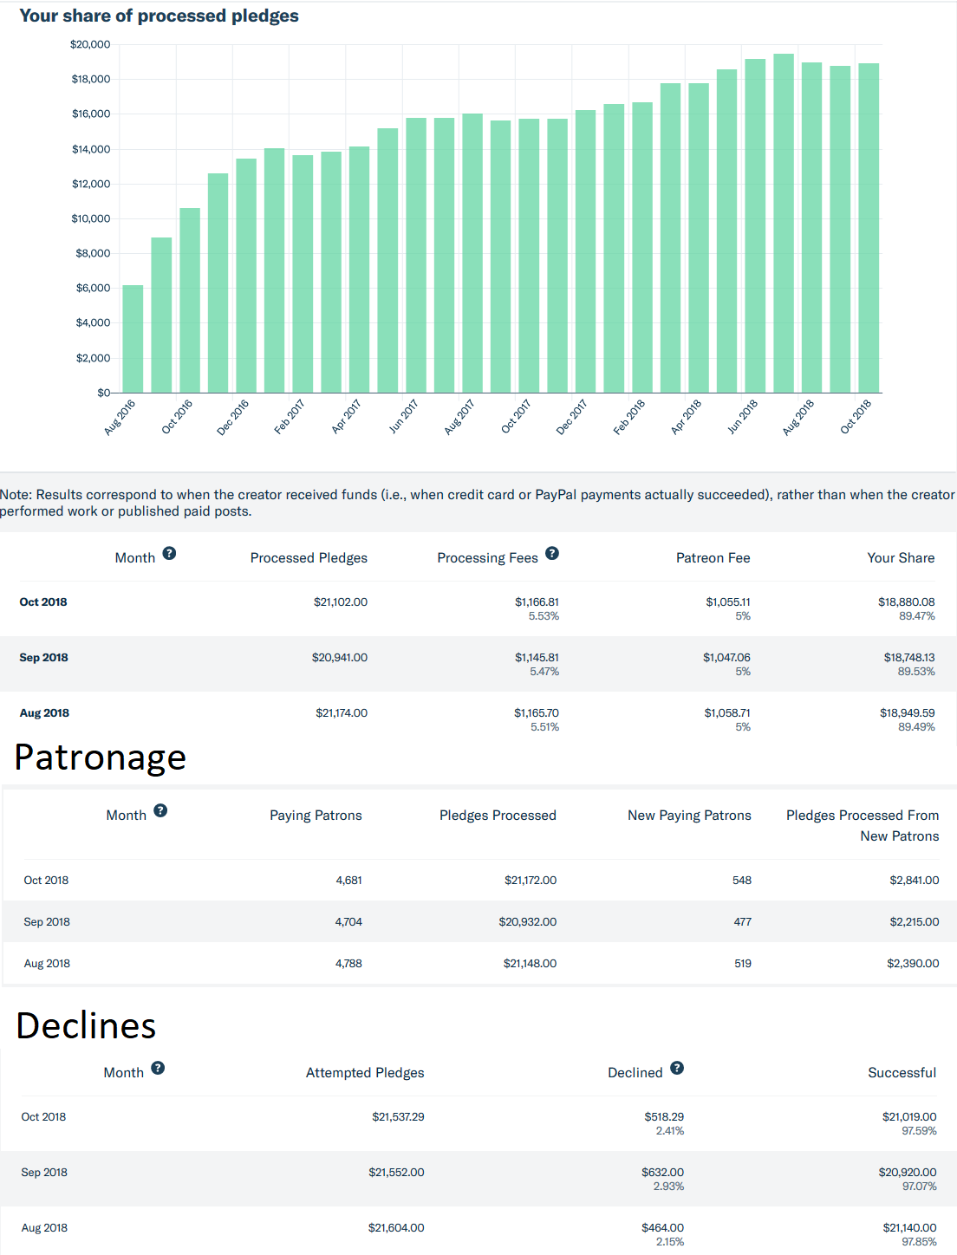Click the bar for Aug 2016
(133, 339)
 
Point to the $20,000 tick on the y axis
(90, 44)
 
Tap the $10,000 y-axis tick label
(90, 218)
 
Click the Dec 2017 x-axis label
(571, 417)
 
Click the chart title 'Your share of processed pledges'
(159, 16)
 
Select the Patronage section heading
(101, 757)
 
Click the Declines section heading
(86, 1025)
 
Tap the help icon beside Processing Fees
(552, 553)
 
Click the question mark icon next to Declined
(677, 1068)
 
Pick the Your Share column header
(901, 558)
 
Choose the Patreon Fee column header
(713, 558)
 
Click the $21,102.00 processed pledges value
(340, 602)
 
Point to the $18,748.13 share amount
(908, 658)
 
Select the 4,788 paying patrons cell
(348, 963)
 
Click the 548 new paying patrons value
(741, 880)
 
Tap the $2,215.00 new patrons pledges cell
(914, 921)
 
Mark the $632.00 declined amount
(662, 1172)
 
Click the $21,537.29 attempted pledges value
(398, 1116)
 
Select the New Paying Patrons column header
(689, 816)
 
